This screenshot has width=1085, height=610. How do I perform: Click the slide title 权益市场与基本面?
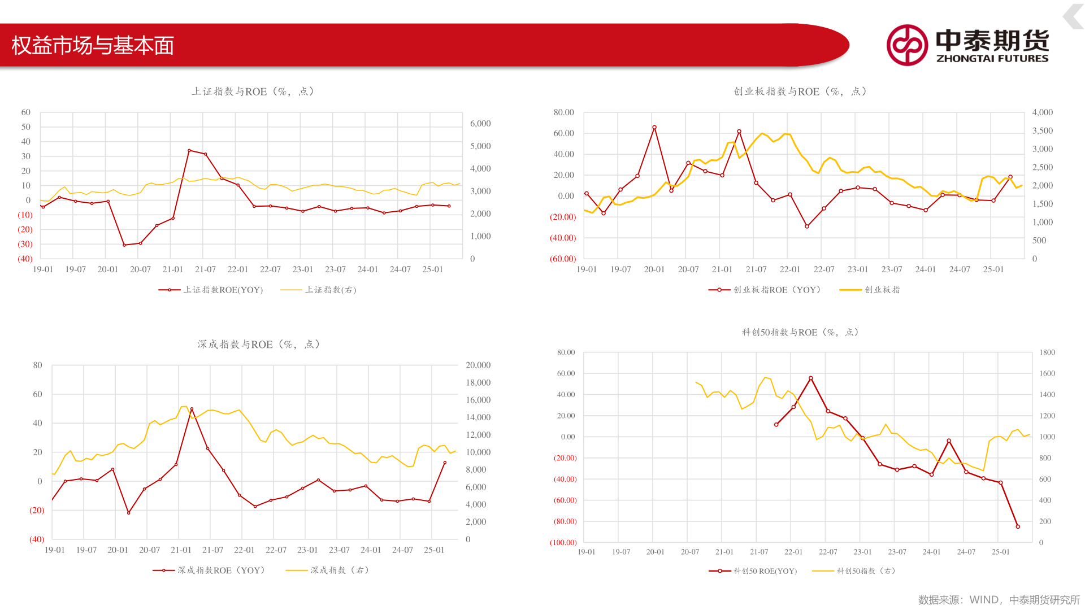click(93, 46)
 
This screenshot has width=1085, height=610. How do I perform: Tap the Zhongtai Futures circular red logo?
click(907, 45)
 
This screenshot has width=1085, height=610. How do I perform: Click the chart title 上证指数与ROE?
click(253, 91)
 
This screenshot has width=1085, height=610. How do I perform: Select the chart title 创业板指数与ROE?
click(800, 91)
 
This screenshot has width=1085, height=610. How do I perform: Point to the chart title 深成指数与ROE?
click(259, 345)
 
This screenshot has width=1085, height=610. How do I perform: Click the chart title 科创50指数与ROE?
click(800, 332)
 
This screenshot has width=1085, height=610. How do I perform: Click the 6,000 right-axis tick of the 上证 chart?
click(480, 124)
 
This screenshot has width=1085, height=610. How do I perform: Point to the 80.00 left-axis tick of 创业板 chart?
click(563, 112)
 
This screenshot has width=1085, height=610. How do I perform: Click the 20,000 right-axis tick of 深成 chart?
click(478, 365)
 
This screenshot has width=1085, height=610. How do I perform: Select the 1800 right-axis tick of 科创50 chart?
click(1047, 352)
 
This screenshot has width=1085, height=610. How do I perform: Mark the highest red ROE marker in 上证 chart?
click(189, 151)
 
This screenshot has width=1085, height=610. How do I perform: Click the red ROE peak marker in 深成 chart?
click(192, 409)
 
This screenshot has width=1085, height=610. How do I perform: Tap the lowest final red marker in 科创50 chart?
click(1018, 526)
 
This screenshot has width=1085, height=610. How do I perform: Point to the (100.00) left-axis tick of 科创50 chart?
click(563, 543)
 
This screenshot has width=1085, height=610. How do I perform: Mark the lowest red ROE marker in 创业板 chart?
click(807, 226)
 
